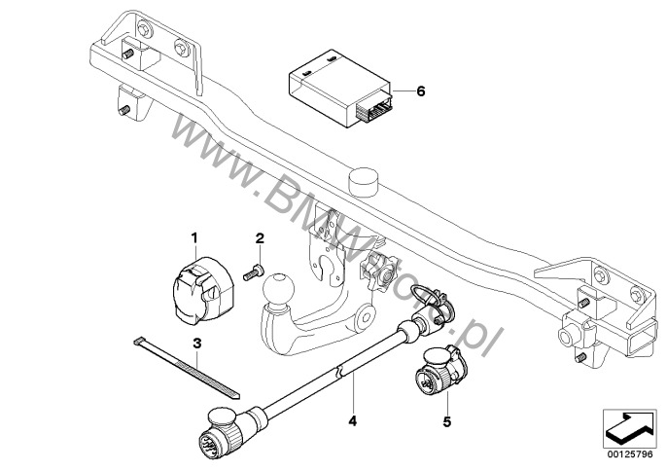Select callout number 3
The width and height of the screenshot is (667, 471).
coord(197,344)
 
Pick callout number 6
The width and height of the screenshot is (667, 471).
coord(421,91)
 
